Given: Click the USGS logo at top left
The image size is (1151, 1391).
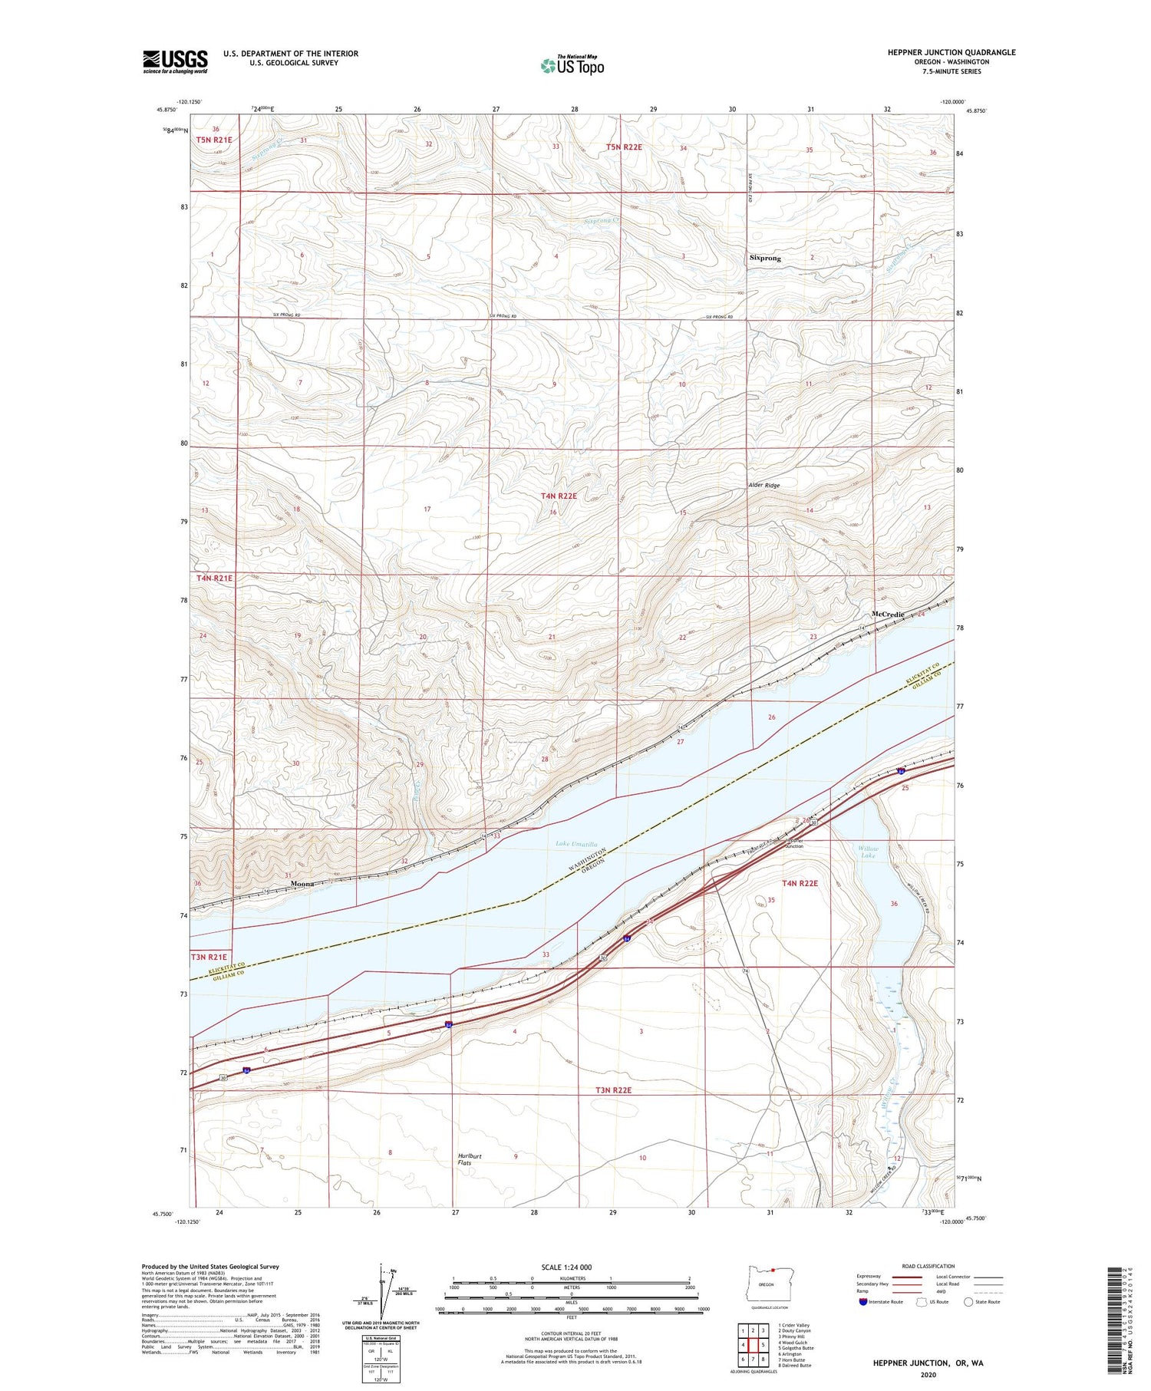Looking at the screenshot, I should click(x=175, y=61).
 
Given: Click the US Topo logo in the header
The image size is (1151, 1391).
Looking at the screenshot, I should click(x=572, y=66).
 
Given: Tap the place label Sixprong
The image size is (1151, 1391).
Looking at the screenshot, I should click(x=764, y=259).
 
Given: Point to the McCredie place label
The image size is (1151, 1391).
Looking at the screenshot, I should click(x=888, y=615).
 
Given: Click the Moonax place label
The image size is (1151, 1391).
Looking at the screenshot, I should click(x=303, y=884).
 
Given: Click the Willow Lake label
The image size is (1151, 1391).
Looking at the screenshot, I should click(x=868, y=852).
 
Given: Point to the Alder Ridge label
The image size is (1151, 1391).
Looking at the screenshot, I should click(x=763, y=486).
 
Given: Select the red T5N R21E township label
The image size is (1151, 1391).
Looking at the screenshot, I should click(x=213, y=140).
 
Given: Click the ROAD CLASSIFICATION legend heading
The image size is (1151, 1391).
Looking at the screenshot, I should click(x=928, y=1266).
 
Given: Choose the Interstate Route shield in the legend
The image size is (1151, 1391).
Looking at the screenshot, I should click(x=862, y=1302).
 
